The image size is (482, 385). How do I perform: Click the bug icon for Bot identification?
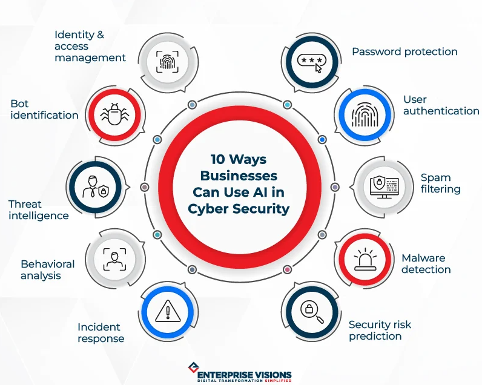pos(114,114)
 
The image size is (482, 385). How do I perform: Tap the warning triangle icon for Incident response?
pos(168,311)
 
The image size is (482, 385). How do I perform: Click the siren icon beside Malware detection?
pos(365,259)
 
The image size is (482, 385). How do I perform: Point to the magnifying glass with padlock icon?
pos(312,312)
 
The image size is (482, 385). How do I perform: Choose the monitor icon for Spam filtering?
pos(385,187)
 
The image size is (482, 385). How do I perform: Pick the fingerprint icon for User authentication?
pos(365,114)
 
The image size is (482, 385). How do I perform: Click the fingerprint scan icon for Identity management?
pos(167,62)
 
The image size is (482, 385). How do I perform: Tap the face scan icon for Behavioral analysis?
pos(114,259)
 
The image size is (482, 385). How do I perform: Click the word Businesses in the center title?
pos(239,176)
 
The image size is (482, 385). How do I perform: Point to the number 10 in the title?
pos(218,159)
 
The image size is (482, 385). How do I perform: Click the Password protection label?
pos(404,51)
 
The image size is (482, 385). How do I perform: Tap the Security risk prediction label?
pos(380,331)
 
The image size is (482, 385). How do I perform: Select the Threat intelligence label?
pos(38,210)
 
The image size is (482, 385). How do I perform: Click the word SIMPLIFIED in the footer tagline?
pos(278,381)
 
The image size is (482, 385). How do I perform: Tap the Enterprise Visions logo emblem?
pos(193,367)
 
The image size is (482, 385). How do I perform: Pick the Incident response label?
pos(101,333)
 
